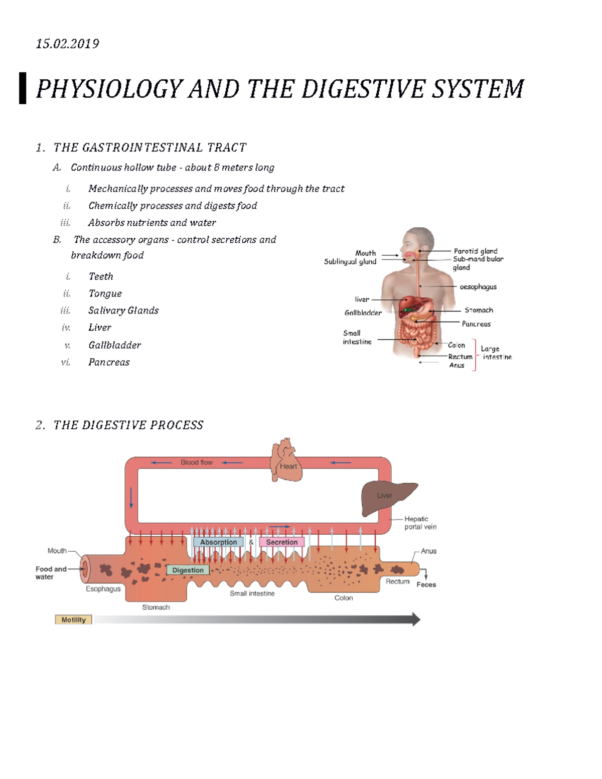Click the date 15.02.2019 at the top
click(67, 44)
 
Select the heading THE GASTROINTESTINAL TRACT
click(149, 147)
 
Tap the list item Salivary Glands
click(123, 310)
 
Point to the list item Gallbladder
click(114, 345)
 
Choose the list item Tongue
click(105, 293)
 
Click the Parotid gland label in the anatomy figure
click(475, 251)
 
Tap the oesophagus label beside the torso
click(478, 286)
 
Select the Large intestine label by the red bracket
click(496, 353)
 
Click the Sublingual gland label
click(350, 261)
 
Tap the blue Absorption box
click(218, 542)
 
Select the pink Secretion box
click(281, 542)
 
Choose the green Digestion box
click(188, 570)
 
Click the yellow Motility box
click(73, 619)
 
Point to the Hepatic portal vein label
click(420, 523)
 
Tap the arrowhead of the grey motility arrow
click(416, 619)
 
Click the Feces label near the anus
click(426, 584)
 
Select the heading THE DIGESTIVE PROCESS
click(128, 425)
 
